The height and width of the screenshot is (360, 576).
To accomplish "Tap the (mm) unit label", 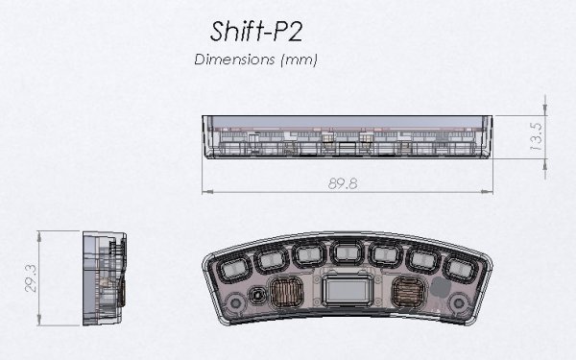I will click(299, 60).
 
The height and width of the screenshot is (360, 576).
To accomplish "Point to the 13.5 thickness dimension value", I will click(538, 137).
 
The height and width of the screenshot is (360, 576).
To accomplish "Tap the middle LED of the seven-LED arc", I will click(348, 253).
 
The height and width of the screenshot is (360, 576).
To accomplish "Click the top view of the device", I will click(348, 137).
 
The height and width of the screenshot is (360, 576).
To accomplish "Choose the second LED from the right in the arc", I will click(425, 259).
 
